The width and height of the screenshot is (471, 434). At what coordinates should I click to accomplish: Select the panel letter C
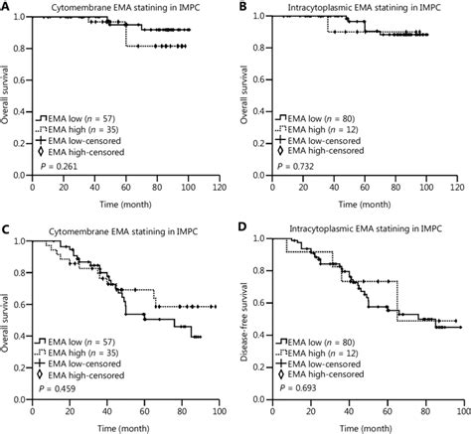pos(5,232)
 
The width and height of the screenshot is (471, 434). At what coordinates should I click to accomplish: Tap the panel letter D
pos(243,232)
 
